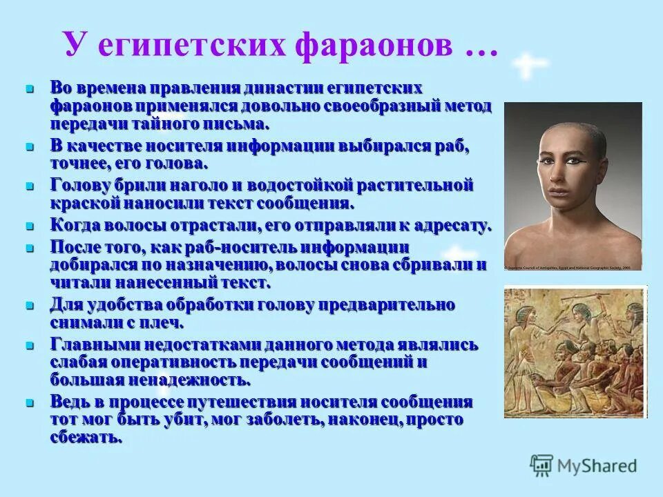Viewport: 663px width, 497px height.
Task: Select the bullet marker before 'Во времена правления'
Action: coord(30,89)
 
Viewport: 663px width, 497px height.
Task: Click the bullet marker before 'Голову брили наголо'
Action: coord(30,186)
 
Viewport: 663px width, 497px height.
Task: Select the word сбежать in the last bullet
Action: coord(86,438)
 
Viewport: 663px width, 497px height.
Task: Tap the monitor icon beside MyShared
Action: coord(542,465)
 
